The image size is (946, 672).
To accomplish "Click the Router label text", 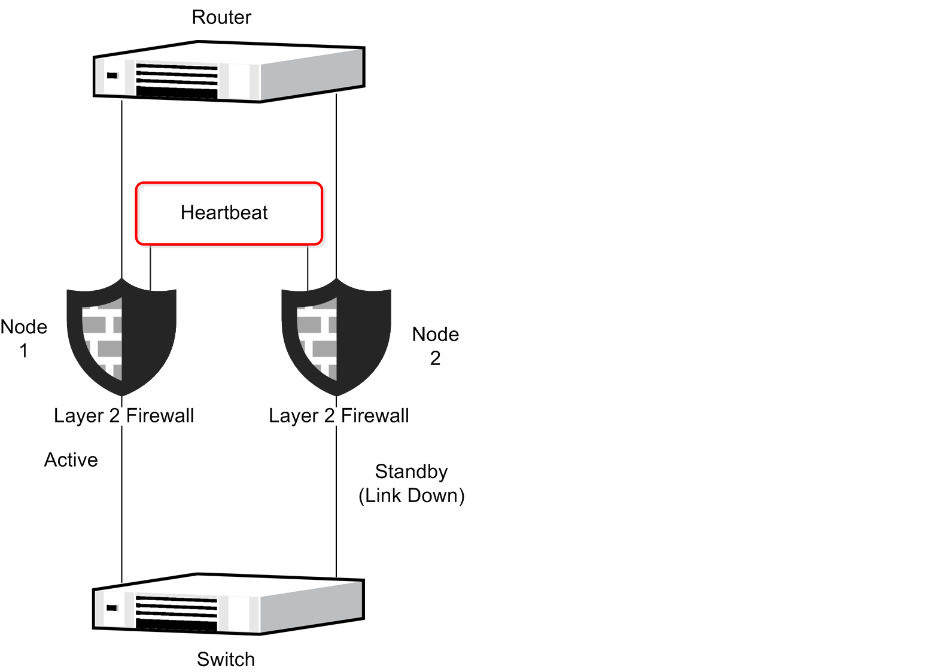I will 221,17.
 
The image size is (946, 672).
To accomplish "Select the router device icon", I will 229,72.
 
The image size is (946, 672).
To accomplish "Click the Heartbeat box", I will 229,214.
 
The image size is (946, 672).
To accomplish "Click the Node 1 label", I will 24,338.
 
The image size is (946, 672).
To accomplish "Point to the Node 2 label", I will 436,346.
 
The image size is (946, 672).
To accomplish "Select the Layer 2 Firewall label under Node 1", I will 124,415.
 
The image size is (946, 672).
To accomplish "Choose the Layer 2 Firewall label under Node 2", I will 339,415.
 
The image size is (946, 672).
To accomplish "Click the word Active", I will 71,460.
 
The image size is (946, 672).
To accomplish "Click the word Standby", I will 412,472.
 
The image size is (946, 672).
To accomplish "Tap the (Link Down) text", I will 412,495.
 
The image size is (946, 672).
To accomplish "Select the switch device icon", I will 229,604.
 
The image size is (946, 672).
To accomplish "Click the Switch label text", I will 226,659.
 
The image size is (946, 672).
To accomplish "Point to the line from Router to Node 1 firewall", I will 122,180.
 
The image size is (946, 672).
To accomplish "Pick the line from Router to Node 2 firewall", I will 336,180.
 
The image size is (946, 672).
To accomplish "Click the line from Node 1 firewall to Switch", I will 122,509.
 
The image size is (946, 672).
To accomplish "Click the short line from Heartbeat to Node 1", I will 150,267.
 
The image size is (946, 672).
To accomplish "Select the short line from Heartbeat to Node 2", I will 308,267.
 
